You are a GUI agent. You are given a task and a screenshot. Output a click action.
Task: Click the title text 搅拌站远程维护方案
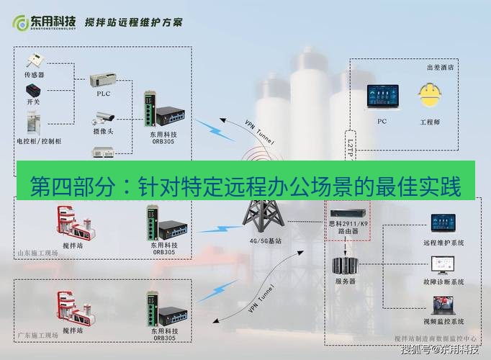pos(133,22)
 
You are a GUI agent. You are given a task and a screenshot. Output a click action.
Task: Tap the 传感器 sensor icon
pos(35,60)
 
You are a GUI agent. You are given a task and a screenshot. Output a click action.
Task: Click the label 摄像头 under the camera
pos(103,132)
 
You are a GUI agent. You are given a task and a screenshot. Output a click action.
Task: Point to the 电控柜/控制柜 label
pos(38,141)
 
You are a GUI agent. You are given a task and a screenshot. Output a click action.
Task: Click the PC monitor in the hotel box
pos(382,99)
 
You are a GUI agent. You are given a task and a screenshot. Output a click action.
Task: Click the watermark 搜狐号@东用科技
pos(440,351)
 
